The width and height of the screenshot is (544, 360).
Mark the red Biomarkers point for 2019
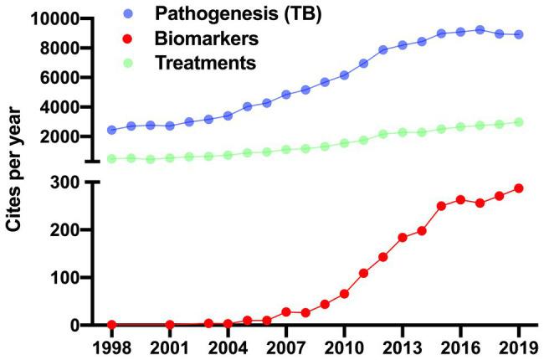click(x=519, y=188)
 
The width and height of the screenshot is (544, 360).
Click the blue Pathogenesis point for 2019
click(x=519, y=34)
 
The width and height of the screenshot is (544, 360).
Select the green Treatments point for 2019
click(x=519, y=121)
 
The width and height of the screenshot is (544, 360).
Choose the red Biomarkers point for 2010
click(x=344, y=294)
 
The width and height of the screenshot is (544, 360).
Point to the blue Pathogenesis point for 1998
click(x=112, y=130)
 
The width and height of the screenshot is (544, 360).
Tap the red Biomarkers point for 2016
click(x=460, y=200)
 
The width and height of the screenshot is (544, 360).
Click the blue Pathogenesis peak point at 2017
click(x=480, y=29)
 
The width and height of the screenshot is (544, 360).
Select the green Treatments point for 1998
click(x=112, y=158)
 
